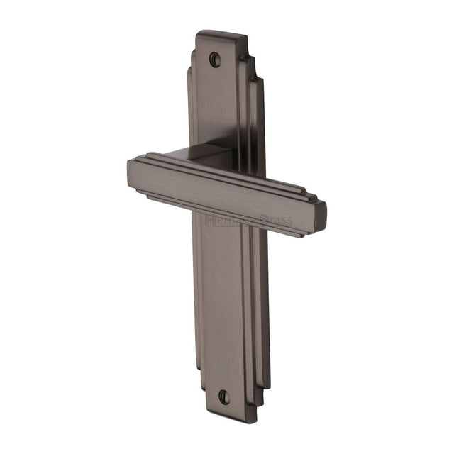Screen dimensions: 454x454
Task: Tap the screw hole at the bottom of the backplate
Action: pos(224,397)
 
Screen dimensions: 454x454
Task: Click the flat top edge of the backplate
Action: pos(221,33)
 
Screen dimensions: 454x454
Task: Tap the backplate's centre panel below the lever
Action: pos(222,305)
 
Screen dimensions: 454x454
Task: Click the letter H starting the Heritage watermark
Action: pos(209,220)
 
